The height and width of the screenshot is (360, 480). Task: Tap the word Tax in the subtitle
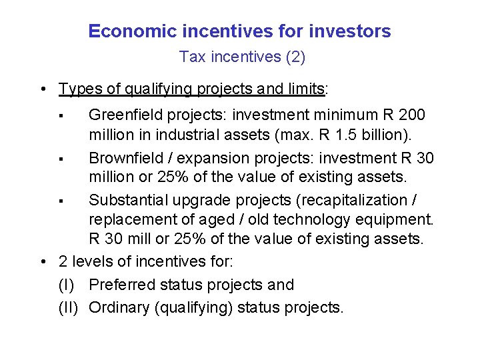click(193, 57)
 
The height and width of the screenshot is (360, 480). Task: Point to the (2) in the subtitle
click(295, 57)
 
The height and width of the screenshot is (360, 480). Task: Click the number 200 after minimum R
click(412, 115)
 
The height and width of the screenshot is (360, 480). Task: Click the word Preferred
click(121, 285)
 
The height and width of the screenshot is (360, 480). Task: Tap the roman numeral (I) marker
click(67, 285)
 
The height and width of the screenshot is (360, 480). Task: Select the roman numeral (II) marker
click(69, 307)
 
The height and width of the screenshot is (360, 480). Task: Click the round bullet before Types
click(42, 89)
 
